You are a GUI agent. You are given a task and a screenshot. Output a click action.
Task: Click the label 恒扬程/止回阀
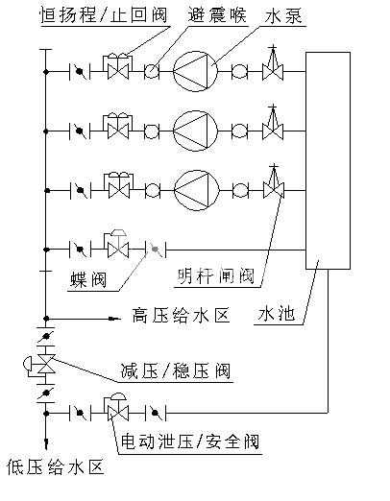click(x=104, y=15)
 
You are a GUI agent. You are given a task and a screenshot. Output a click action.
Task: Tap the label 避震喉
click(x=217, y=14)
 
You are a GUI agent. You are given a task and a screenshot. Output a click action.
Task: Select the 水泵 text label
click(x=283, y=15)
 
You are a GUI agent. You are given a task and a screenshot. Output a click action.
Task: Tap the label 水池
click(x=277, y=314)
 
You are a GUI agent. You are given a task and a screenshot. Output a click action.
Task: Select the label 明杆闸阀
click(x=216, y=275)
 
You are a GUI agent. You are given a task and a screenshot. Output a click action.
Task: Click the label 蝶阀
click(x=88, y=280)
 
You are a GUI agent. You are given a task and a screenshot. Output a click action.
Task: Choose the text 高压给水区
click(x=181, y=316)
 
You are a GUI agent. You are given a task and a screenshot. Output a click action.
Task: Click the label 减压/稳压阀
click(x=176, y=371)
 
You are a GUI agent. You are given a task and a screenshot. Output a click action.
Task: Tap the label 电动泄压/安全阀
click(x=190, y=441)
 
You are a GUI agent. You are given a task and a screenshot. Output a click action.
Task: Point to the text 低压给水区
click(x=56, y=466)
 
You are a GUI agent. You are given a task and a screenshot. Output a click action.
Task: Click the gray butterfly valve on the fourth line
click(x=156, y=250)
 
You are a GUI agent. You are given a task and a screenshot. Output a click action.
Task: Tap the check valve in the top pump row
click(x=118, y=66)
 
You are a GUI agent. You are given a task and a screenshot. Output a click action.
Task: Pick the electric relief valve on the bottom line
click(x=117, y=406)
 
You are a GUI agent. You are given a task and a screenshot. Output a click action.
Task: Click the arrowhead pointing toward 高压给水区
click(x=114, y=319)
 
